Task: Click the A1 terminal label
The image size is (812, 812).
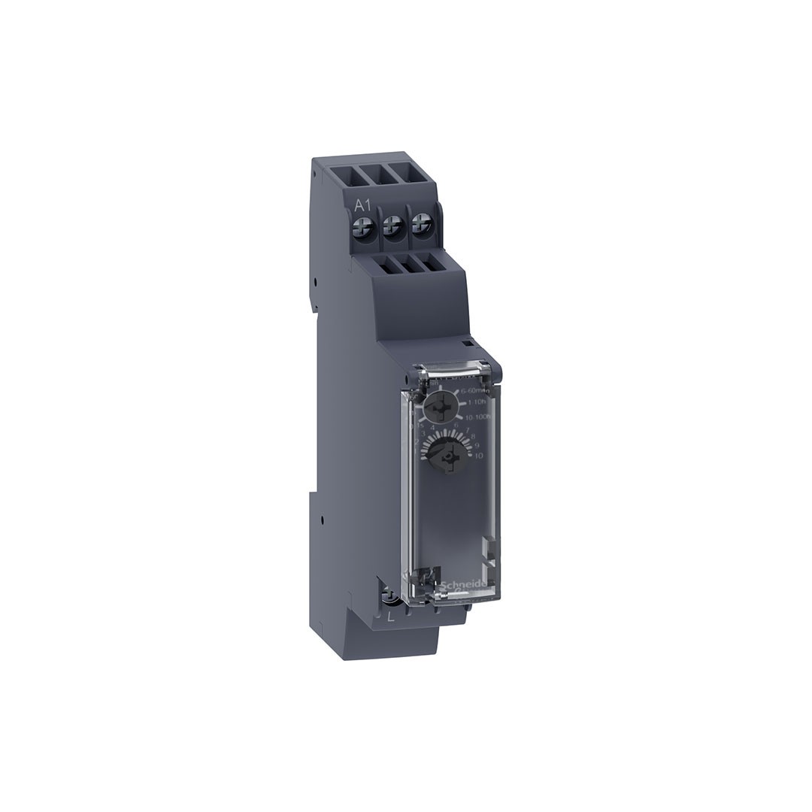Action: click(x=363, y=205)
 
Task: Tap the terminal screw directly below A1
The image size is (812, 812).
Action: click(x=364, y=224)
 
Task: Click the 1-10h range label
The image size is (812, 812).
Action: click(x=477, y=403)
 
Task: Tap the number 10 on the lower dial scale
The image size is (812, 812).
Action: click(x=478, y=456)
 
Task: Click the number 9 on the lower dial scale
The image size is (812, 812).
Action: click(x=477, y=446)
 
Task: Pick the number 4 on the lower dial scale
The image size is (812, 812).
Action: click(x=432, y=427)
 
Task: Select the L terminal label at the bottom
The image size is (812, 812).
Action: click(x=390, y=617)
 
